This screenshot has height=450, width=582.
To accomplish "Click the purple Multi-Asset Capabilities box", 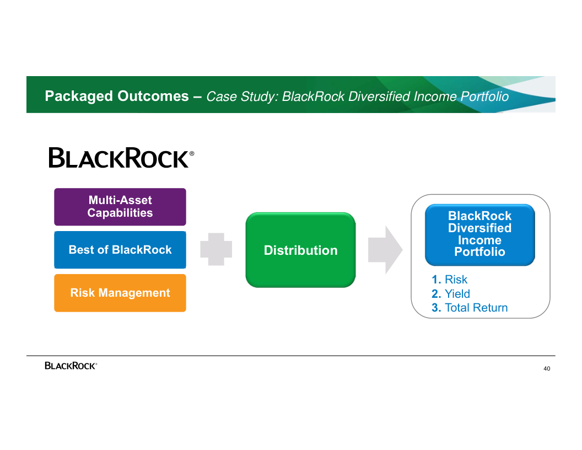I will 120,207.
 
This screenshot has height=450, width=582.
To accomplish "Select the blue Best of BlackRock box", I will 120,250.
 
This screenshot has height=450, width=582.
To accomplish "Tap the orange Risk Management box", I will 120,293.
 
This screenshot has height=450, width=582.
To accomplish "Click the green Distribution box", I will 300,250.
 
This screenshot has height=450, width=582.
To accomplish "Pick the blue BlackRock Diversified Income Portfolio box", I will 479,234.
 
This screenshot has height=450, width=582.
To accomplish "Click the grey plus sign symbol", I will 216,249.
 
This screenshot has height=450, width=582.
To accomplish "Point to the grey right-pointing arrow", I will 385,250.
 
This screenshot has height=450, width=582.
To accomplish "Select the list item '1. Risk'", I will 450,280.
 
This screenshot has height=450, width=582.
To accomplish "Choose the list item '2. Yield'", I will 451,294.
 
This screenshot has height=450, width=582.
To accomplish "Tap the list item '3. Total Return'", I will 470,308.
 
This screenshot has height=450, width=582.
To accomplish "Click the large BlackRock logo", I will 119,158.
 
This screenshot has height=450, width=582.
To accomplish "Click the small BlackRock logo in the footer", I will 71,366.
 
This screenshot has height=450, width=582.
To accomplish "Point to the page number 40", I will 547,368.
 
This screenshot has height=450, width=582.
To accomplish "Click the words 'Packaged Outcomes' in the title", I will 117,97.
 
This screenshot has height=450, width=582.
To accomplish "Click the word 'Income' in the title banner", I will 435,97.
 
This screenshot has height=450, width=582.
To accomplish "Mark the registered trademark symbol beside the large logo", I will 192,154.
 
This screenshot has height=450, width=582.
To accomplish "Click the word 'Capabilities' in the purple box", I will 120,213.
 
